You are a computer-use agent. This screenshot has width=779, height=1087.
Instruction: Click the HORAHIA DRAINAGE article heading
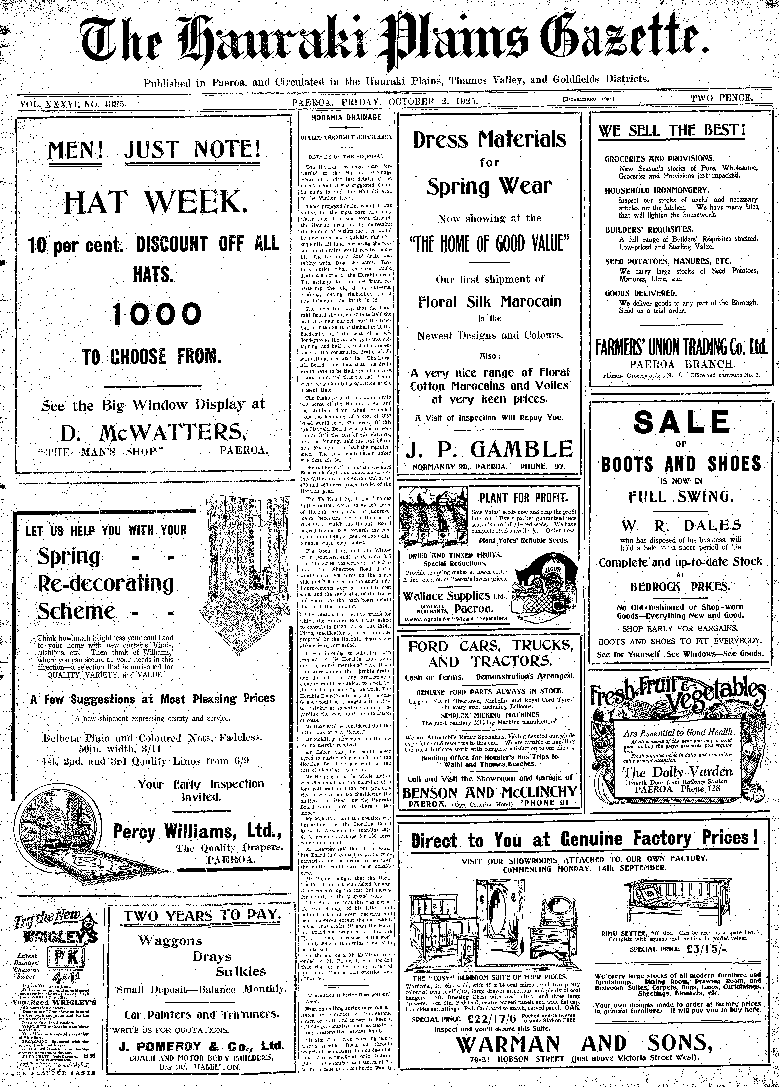point(346,117)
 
